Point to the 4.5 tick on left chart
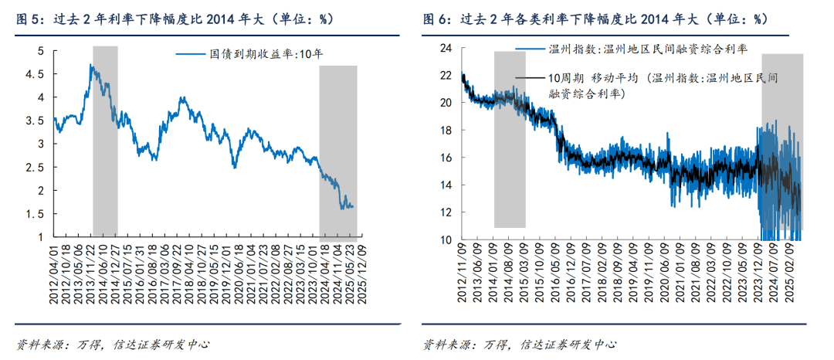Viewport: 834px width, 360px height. click(40, 74)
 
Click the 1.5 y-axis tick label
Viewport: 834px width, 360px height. click(40, 214)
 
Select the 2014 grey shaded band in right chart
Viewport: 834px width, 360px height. click(510, 139)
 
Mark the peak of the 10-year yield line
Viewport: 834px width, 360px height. click(91, 66)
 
